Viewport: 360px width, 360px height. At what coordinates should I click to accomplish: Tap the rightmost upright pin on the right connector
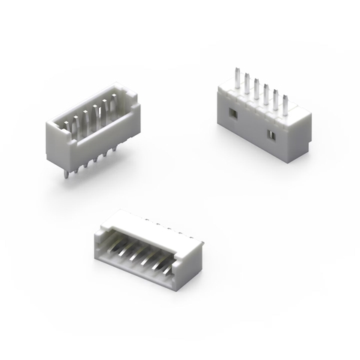click(x=284, y=104)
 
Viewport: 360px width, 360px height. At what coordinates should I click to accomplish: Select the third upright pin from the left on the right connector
click(x=256, y=89)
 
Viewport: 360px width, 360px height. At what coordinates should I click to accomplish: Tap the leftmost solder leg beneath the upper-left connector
click(x=67, y=173)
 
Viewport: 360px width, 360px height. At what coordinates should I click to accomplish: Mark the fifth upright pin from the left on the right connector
click(x=275, y=99)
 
